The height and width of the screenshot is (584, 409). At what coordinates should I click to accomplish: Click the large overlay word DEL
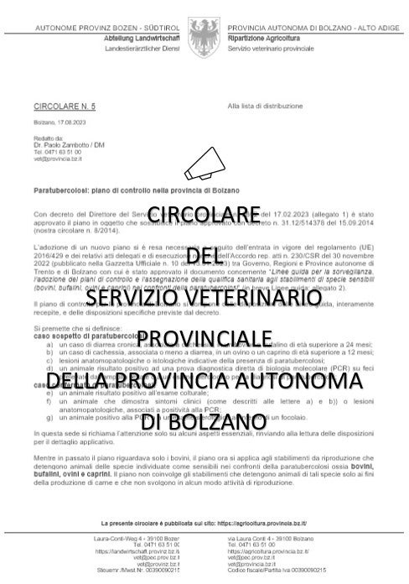[204, 255]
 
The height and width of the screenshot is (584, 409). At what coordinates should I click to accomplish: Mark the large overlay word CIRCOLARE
[204, 215]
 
